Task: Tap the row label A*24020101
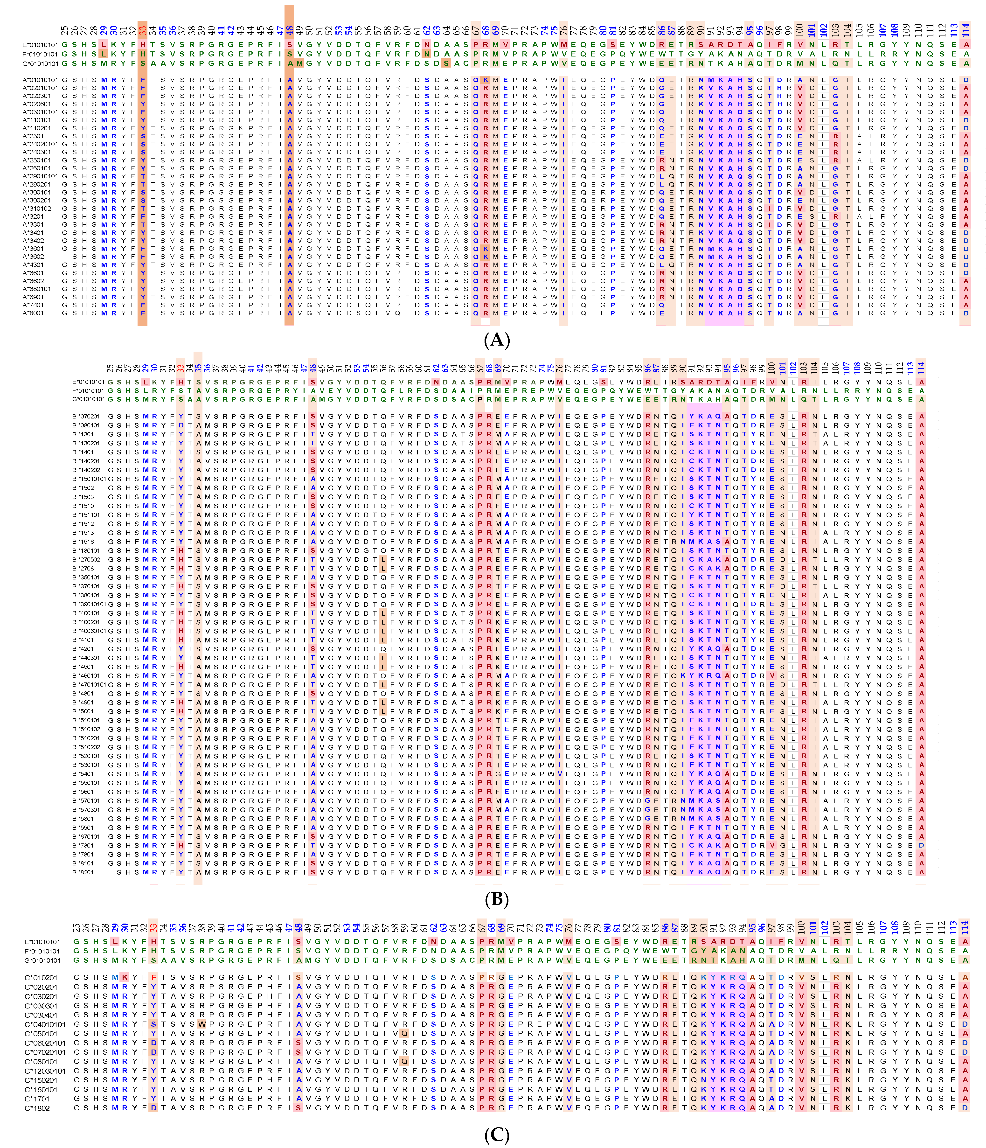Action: (40, 144)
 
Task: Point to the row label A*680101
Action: (37, 289)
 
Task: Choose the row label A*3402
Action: (33, 240)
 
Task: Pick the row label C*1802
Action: (37, 1108)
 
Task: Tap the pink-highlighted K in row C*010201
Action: (125, 977)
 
